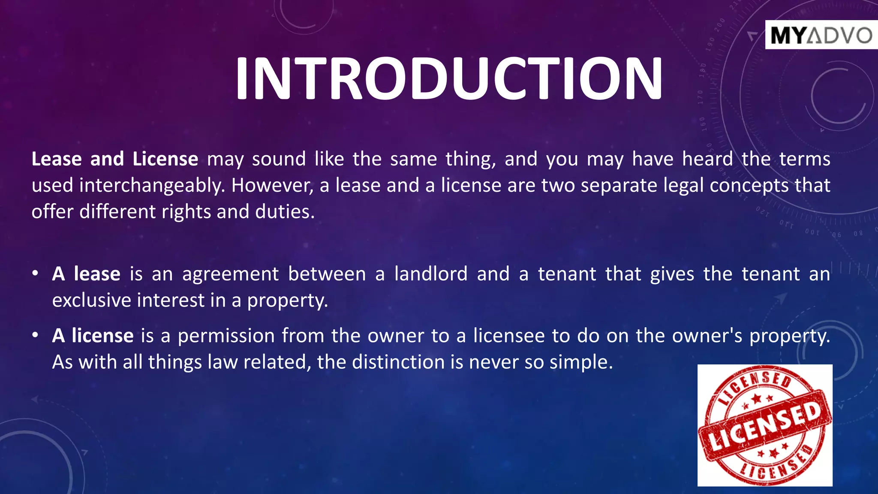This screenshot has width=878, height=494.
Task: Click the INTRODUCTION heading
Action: (449, 78)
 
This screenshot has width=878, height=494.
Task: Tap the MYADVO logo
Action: (821, 35)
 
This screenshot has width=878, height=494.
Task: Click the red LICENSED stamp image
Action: (765, 425)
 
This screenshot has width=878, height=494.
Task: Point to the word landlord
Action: (430, 274)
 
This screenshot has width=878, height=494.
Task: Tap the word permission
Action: (226, 336)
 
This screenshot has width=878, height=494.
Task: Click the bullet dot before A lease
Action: (36, 274)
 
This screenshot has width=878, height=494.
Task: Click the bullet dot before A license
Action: (36, 335)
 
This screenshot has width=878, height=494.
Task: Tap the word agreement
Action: (230, 274)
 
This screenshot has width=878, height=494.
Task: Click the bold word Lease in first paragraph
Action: (57, 159)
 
